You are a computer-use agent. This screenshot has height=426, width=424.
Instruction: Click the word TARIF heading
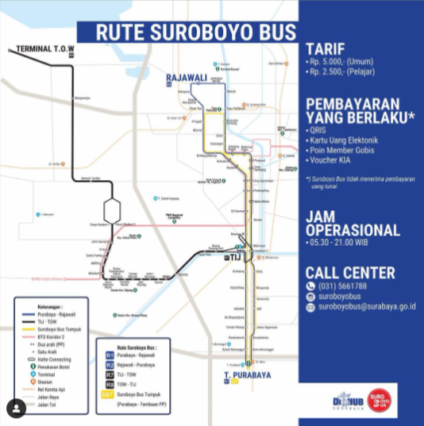(x=325, y=48)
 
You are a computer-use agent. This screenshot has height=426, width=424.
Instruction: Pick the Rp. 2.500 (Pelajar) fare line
(x=342, y=72)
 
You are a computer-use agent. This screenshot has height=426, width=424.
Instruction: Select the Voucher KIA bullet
(x=331, y=159)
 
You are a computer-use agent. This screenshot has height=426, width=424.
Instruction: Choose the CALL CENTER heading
(x=350, y=272)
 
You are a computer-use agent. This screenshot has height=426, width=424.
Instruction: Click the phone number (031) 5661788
(x=342, y=286)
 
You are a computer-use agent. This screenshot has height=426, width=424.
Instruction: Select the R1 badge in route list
(x=111, y=355)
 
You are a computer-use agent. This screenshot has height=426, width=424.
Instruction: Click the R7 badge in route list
(x=111, y=374)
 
